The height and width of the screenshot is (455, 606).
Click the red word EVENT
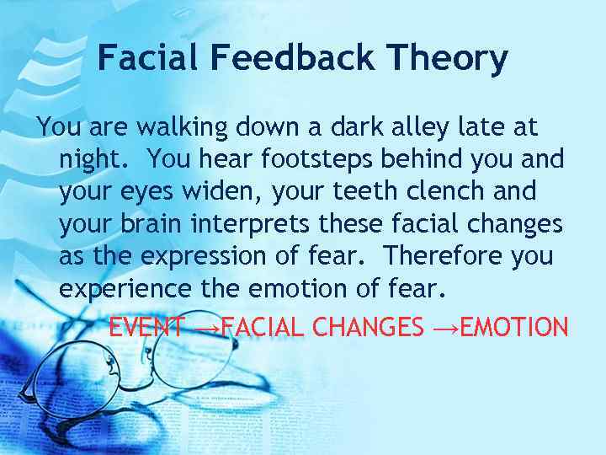[x=147, y=326]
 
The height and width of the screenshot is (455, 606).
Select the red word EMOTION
[x=514, y=326]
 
